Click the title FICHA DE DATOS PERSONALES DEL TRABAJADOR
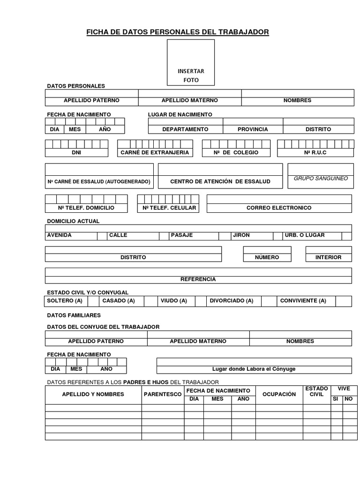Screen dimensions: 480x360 point(178,32)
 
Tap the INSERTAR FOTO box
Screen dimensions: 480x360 point(191,63)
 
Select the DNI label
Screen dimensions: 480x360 point(76,152)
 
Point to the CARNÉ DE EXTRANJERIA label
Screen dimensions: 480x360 point(155,152)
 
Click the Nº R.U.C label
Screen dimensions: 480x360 point(315,152)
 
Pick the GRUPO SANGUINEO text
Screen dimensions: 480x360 point(321,179)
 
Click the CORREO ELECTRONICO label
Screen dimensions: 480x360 point(279,208)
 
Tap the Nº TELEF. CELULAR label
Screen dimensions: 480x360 point(169,208)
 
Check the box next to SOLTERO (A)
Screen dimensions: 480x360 point(93,301)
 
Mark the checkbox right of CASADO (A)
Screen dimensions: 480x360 point(150,301)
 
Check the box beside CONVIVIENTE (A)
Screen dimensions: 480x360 point(343,301)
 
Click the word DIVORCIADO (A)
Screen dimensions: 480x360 point(232,301)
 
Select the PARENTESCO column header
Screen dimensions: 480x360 point(163,394)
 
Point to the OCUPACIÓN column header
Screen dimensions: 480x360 point(279,394)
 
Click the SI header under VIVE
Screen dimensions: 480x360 point(335,399)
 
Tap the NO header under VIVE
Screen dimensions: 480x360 point(348,399)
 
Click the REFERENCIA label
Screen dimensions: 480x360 point(198,279)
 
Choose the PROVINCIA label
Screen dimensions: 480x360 point(253,129)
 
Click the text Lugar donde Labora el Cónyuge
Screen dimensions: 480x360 point(254,369)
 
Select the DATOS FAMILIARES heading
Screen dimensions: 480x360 point(74,315)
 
